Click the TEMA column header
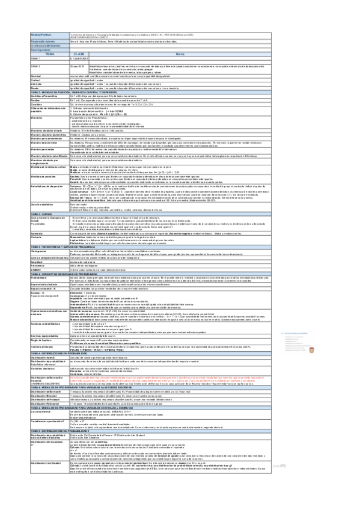click(x=32, y=54)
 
